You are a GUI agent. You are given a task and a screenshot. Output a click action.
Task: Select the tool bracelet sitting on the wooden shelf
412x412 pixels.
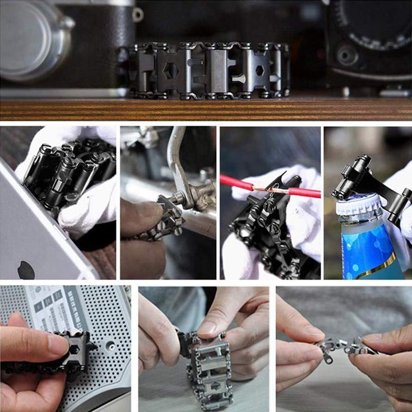click(x=209, y=71)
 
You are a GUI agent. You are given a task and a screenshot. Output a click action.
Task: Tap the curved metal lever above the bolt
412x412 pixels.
click(x=178, y=165)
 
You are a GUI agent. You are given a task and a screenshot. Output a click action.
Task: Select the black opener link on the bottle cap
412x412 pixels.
click(x=355, y=178)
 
